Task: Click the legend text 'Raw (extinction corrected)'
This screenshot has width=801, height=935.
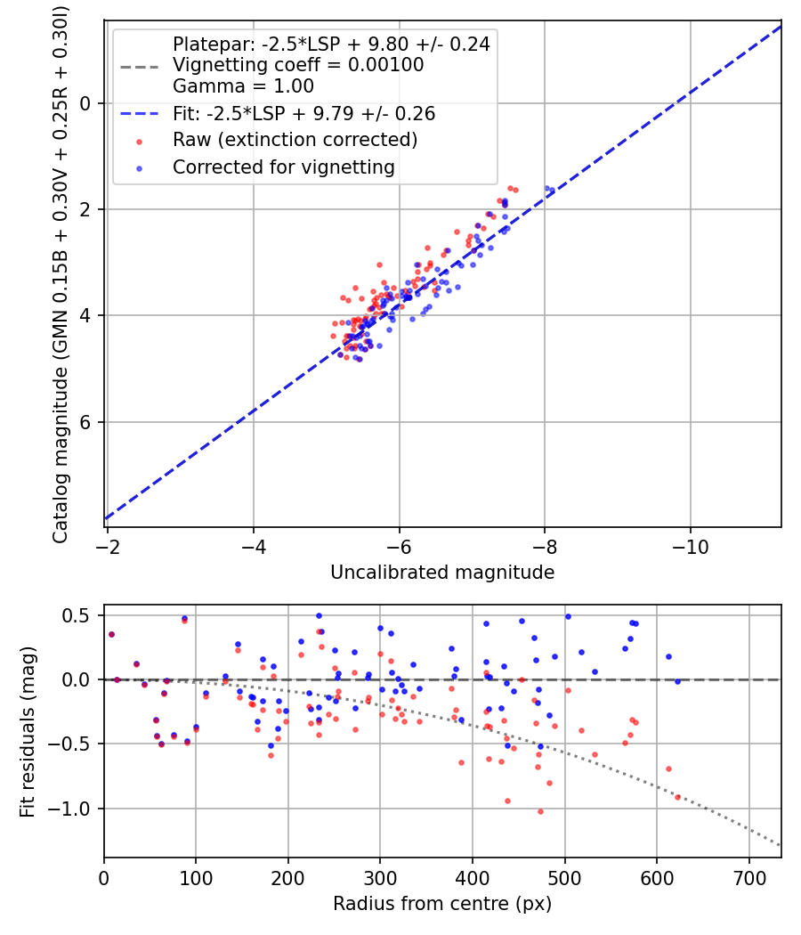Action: point(295,140)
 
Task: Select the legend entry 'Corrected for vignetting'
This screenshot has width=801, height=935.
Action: point(284,167)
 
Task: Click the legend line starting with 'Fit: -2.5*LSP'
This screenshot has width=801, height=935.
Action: point(303,114)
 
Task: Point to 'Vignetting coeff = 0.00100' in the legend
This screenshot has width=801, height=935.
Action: point(298,65)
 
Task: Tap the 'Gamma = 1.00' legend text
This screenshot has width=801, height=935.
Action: point(243,86)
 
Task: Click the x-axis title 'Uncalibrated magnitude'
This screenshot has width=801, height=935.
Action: point(442,573)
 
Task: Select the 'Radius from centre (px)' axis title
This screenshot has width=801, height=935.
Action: point(442,904)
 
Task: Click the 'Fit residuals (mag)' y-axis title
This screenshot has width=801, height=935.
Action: point(28,731)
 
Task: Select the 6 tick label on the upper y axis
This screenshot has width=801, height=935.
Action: point(85,422)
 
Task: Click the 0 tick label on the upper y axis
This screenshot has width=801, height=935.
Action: point(85,103)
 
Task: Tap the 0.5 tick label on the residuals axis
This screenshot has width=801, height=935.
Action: point(80,615)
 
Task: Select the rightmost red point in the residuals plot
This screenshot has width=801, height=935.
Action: point(677,797)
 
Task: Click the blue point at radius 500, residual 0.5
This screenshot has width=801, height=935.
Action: point(567,616)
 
